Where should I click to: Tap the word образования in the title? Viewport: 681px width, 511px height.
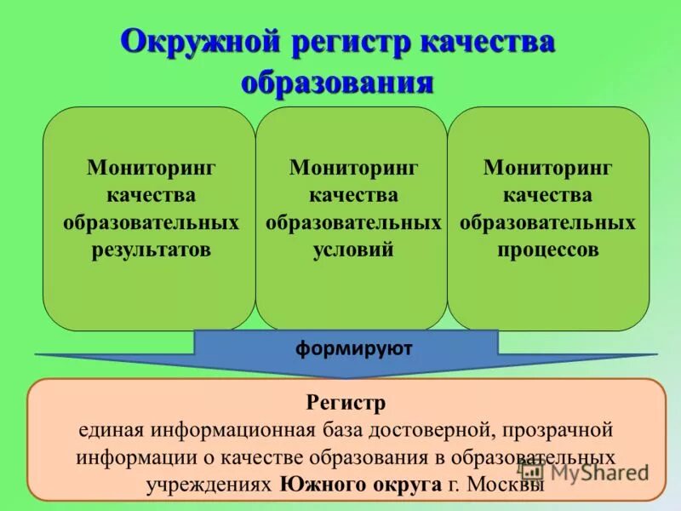[x=338, y=83]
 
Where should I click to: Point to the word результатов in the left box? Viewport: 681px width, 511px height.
[x=151, y=250]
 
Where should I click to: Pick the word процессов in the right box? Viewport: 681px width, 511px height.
[x=547, y=250]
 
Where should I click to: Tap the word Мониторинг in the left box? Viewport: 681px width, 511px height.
[x=151, y=167]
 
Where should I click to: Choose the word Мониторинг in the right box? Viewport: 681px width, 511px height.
[x=547, y=167]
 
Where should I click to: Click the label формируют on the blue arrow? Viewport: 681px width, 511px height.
[x=353, y=348]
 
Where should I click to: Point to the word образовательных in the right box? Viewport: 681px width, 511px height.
[x=547, y=223]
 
